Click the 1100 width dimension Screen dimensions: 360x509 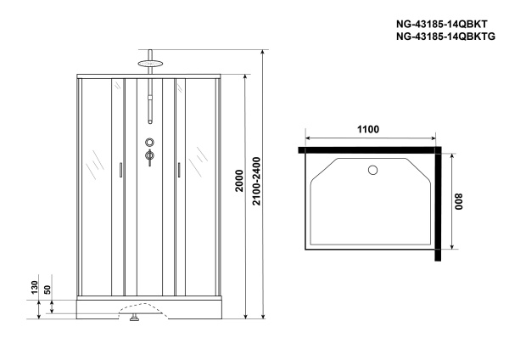pos(367,129)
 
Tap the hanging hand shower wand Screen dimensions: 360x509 pos(149,106)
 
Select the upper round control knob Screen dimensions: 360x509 pos(149,143)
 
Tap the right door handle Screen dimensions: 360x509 pos(180,171)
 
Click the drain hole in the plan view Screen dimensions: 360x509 pos(371,169)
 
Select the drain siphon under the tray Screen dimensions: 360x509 pos(133,319)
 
